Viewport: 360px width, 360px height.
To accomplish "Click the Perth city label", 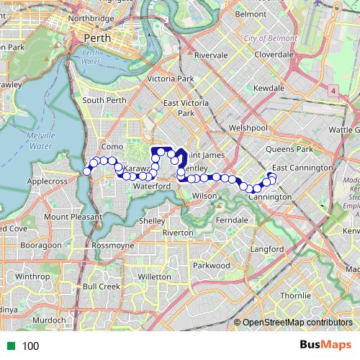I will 96,37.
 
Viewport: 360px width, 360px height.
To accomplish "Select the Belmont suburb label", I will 251,14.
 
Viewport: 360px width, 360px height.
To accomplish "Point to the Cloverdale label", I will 273,54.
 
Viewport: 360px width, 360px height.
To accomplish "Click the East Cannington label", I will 302,167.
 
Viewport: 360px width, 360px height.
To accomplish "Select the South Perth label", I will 104,100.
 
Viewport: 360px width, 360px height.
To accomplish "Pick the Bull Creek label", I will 101,286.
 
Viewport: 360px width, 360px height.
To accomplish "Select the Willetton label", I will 154,276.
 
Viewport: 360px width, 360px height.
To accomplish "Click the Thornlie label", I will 295,295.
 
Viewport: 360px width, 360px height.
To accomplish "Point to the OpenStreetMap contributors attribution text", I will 297,322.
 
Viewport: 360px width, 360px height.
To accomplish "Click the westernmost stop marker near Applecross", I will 87,171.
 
